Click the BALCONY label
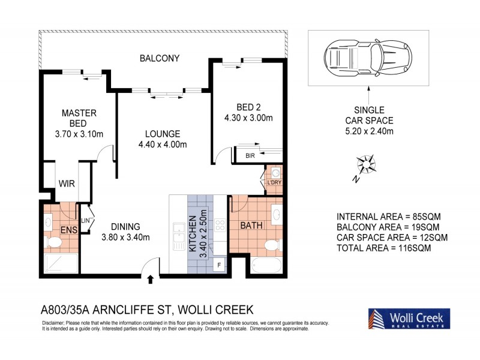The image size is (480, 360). coord(159,58)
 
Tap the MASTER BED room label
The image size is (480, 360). coord(79,118)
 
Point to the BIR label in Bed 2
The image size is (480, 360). coord(250,156)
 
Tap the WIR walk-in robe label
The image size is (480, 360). coord(67,184)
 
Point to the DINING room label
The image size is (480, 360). coord(125,226)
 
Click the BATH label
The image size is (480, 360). coord(252,226)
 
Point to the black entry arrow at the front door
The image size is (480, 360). coord(150,279)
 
